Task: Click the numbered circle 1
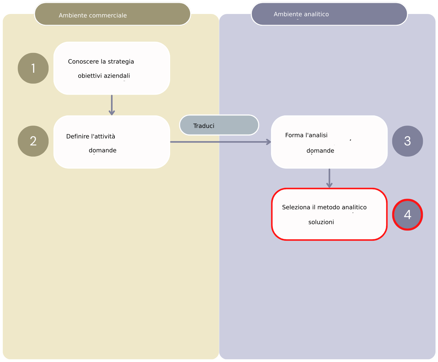click(x=33, y=68)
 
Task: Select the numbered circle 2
click(x=33, y=141)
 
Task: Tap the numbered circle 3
click(x=407, y=141)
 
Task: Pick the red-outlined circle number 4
click(x=407, y=215)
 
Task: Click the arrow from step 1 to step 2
click(x=112, y=105)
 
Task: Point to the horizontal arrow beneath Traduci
click(x=220, y=142)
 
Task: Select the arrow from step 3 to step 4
click(x=329, y=179)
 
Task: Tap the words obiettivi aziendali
click(x=104, y=76)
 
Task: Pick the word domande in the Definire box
click(x=102, y=150)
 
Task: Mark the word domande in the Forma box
click(x=320, y=151)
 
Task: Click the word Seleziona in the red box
click(x=296, y=207)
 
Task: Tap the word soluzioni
click(x=321, y=222)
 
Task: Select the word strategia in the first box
click(x=121, y=62)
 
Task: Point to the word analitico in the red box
click(x=354, y=207)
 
